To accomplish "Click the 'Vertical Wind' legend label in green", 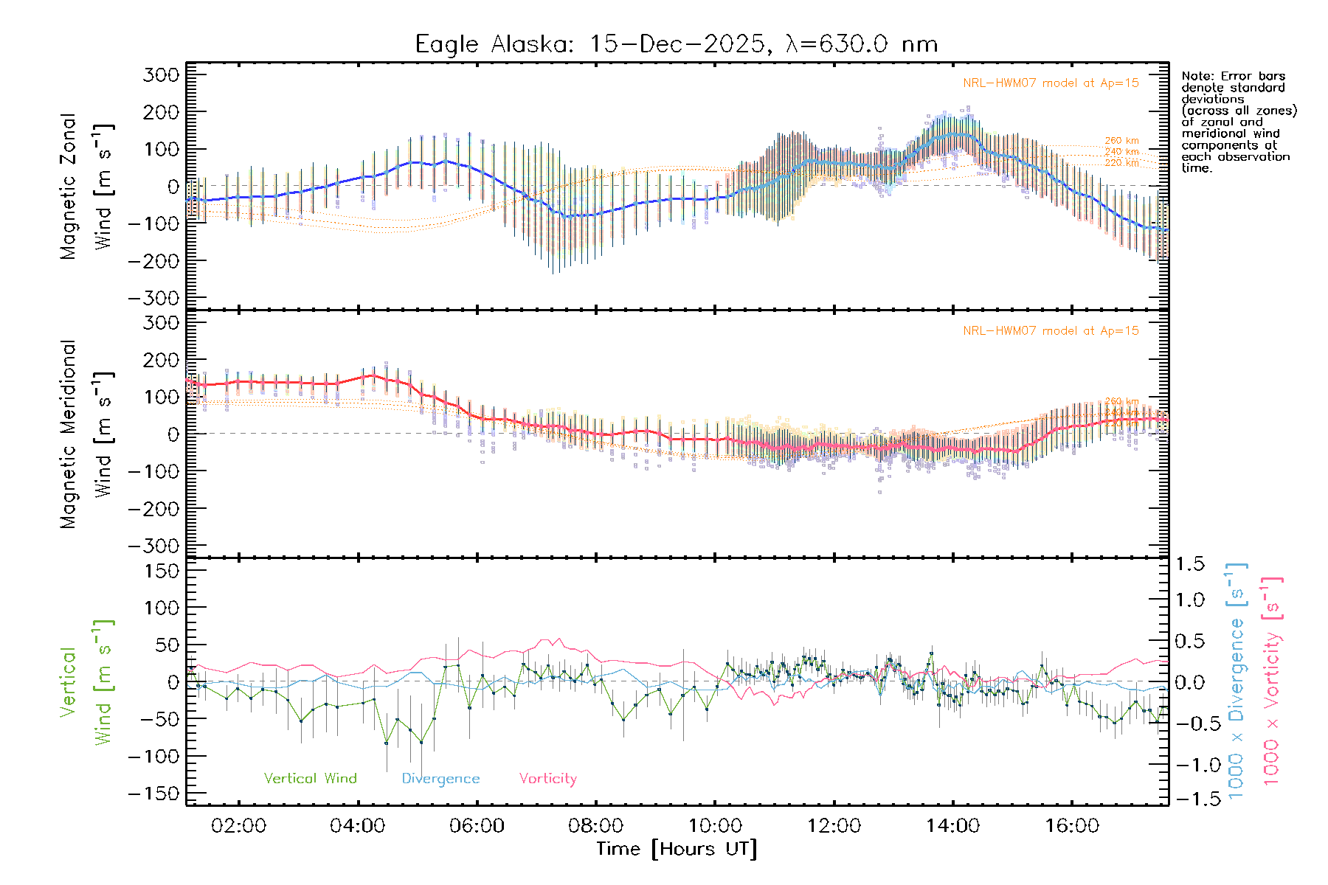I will coord(310,778).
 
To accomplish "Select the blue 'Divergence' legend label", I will coord(440,778).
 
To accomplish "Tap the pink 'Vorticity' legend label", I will coord(547,778).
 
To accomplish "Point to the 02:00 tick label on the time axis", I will coord(238,825).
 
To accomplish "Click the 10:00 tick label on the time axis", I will coord(715,825).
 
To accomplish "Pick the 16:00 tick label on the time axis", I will coord(1072,825).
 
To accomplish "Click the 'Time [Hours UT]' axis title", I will coord(677,849).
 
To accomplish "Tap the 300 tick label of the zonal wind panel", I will coord(162,74).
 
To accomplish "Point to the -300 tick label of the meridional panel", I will coord(154,546).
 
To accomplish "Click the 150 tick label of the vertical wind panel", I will coord(162,571).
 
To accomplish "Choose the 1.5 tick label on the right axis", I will coord(1190,564).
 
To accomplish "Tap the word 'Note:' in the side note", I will coord(1197,76).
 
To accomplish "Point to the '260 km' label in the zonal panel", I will coord(1121,141).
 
